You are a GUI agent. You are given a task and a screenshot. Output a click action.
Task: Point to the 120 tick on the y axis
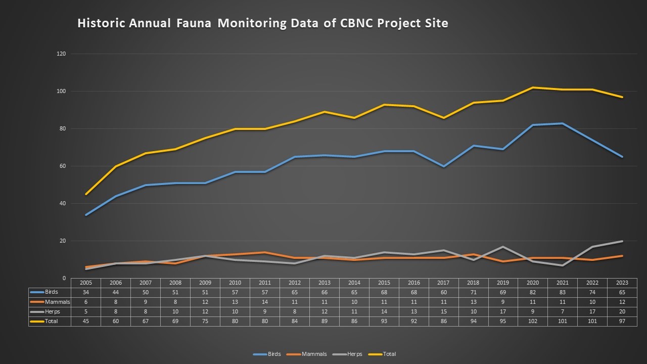pos(61,54)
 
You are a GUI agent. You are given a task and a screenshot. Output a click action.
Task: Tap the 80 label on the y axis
pos(62,128)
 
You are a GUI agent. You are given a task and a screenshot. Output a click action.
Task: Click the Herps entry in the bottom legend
pos(354,354)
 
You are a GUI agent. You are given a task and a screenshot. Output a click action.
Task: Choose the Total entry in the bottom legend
pos(389,354)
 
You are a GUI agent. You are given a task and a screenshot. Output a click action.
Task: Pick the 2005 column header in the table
pos(86,283)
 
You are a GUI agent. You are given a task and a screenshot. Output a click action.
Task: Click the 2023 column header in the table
pos(622,283)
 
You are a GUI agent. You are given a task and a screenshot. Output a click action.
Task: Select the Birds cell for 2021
pos(562,292)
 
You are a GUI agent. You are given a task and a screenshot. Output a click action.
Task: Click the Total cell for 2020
pos(533,321)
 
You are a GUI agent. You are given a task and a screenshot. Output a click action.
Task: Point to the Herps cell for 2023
pos(622,311)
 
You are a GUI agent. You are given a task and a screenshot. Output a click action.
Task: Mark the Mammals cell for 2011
pos(265,302)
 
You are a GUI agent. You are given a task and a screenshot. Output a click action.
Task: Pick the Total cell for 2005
pos(86,321)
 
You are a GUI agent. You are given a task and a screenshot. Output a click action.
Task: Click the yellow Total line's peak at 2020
pos(533,87)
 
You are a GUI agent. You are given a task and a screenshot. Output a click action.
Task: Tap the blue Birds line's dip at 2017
pos(443,166)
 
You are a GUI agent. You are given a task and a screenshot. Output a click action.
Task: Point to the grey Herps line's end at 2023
pos(622,241)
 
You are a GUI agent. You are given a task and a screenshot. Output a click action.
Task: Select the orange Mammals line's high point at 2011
pos(265,252)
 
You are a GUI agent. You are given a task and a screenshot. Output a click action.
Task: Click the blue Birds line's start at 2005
pos(86,215)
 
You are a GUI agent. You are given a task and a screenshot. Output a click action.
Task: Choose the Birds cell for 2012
pos(295,292)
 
